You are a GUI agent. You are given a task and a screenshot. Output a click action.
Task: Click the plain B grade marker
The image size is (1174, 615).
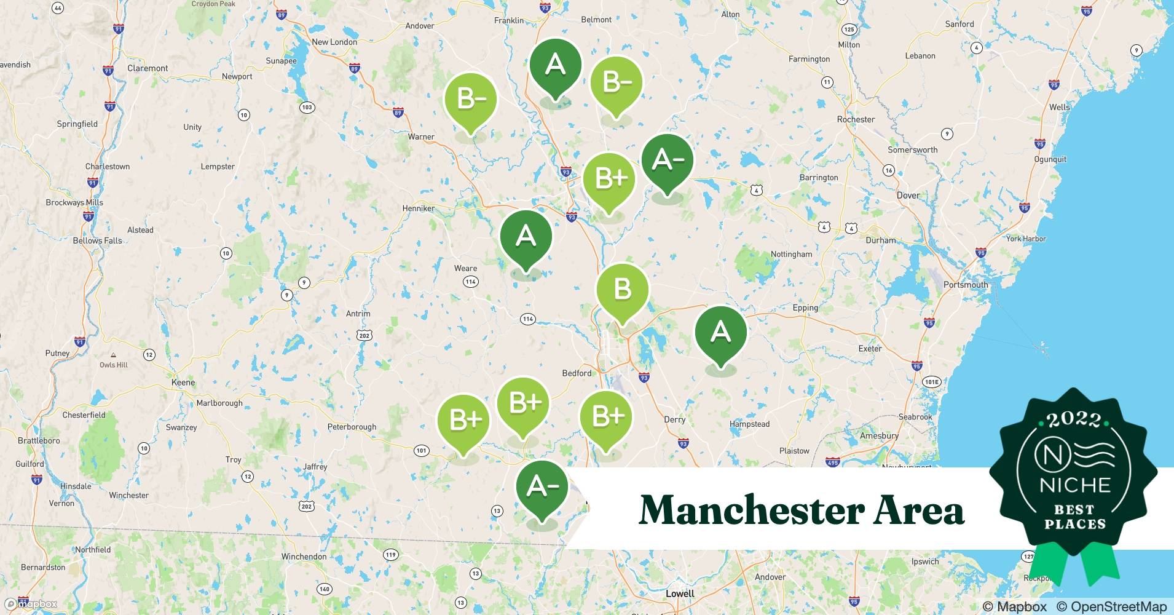pyautogui.click(x=622, y=290)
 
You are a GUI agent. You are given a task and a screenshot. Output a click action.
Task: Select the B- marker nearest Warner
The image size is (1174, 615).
pyautogui.click(x=470, y=99)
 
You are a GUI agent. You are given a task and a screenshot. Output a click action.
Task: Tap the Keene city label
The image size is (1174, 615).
pyautogui.click(x=183, y=383)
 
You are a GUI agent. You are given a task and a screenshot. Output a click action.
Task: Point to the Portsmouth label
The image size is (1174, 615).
pyautogui.click(x=966, y=285)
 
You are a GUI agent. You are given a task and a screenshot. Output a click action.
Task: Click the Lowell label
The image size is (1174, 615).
pyautogui.click(x=680, y=593)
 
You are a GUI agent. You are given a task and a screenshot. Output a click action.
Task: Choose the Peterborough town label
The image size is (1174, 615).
pyautogui.click(x=352, y=427)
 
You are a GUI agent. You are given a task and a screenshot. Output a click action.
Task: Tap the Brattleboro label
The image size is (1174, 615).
pyautogui.click(x=39, y=440)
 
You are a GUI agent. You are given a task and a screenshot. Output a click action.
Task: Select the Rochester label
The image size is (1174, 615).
pyautogui.click(x=856, y=119)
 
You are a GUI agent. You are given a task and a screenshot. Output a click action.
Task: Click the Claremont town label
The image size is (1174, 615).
pyautogui.click(x=148, y=68)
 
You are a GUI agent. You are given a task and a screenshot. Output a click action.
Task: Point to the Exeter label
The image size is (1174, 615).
pyautogui.click(x=870, y=349)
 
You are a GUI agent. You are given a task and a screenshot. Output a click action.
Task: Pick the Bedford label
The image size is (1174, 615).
pyautogui.click(x=577, y=373)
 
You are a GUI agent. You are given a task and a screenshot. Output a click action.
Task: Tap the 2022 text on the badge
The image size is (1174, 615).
pyautogui.click(x=1073, y=420)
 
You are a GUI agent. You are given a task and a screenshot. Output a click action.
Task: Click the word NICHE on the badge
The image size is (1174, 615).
pyautogui.click(x=1075, y=485)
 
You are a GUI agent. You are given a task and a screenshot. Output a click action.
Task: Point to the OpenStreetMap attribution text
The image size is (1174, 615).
pyautogui.click(x=1111, y=606)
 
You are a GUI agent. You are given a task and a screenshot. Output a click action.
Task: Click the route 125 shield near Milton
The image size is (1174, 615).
pyautogui.click(x=849, y=30)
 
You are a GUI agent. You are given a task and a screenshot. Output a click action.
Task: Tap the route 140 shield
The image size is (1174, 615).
pyautogui.click(x=324, y=589)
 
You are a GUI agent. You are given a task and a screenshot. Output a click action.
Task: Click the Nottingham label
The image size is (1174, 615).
pyautogui.click(x=791, y=254)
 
